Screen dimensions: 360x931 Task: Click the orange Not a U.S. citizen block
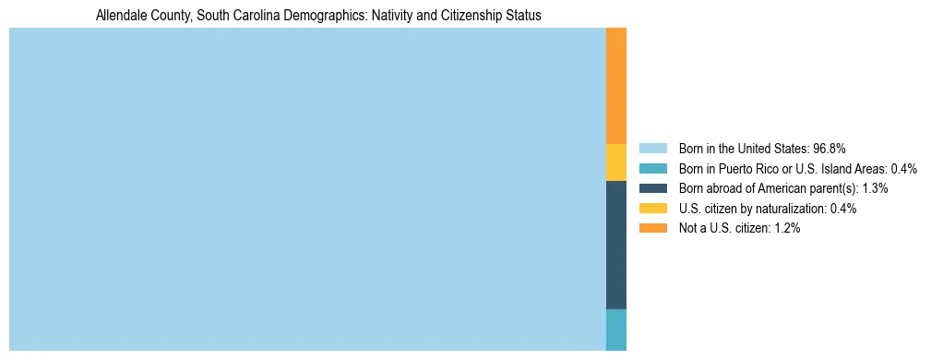(x=616, y=86)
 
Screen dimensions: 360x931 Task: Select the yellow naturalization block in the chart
(x=616, y=162)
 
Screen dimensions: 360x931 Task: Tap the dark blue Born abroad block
(x=616, y=245)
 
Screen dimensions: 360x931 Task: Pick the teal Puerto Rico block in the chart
(x=616, y=330)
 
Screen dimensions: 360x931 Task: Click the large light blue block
(x=307, y=189)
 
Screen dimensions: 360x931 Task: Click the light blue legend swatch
(x=652, y=148)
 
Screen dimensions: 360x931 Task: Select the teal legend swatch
(x=652, y=168)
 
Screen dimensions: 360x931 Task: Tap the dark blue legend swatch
(x=652, y=188)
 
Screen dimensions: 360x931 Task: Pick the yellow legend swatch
(x=652, y=209)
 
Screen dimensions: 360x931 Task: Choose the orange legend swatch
(x=652, y=229)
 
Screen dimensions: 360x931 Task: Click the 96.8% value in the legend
(x=830, y=148)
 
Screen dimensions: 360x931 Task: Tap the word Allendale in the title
(x=121, y=16)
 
